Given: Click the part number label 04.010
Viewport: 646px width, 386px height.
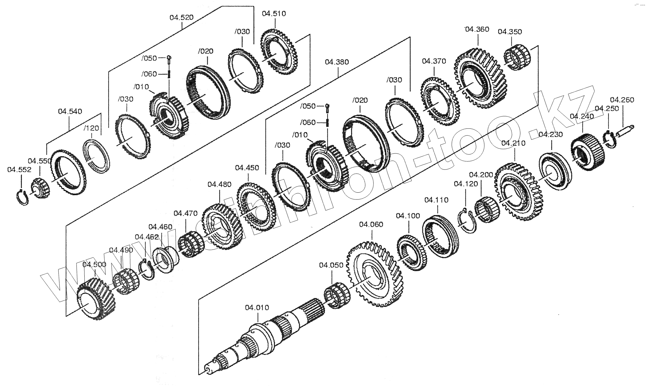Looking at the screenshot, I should coord(257,308).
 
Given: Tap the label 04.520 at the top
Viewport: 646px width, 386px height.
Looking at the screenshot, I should coord(182,17).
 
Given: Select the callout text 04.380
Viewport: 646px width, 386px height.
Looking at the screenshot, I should coord(337,62).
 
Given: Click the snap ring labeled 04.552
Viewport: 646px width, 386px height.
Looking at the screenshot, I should coord(22,197).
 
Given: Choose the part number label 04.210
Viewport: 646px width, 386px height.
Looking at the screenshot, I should coord(513,143).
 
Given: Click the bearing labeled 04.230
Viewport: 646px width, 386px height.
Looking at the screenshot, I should coord(554,170).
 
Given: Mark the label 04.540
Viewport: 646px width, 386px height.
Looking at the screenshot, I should coord(70,112).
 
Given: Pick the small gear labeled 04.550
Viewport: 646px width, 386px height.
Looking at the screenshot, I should coord(40,189).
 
